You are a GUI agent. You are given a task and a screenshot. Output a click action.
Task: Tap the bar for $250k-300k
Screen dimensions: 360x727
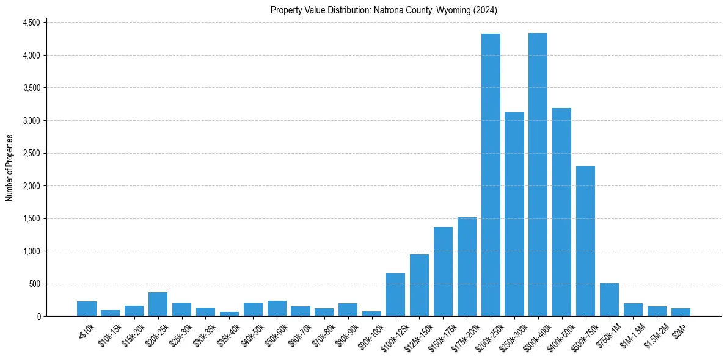coord(514,214)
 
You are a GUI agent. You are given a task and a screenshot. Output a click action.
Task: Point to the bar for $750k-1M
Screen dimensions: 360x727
coord(609,300)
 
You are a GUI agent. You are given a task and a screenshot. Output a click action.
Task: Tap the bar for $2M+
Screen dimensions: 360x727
coord(681,312)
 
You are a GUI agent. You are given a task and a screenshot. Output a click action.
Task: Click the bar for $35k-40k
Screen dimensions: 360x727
coord(229,314)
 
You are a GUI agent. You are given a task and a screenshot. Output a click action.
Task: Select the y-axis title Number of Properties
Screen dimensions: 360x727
coord(10,168)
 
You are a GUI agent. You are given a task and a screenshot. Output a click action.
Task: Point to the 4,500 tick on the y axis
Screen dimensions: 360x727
coord(31,23)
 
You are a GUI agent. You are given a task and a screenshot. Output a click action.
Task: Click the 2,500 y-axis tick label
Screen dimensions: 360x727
coord(31,153)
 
